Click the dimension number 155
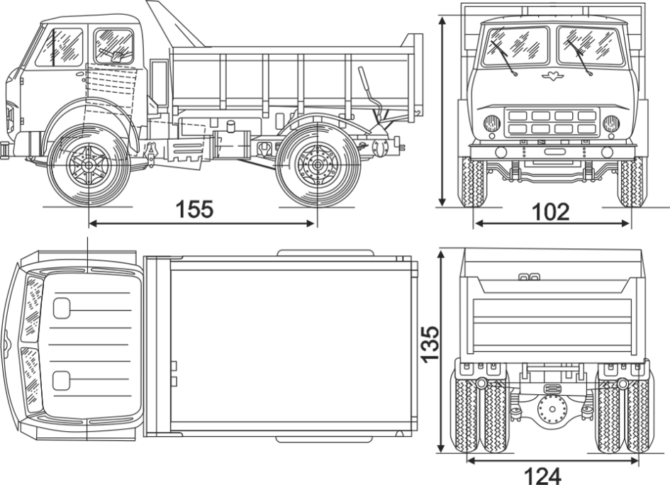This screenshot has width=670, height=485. [x=195, y=210]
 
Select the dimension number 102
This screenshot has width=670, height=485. [x=551, y=212]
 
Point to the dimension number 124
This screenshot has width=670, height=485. [x=542, y=474]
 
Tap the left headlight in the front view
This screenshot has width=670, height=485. [x=492, y=124]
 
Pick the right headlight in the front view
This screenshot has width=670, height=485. [x=610, y=124]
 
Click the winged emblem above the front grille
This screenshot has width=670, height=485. [x=551, y=76]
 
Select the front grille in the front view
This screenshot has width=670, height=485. [x=551, y=122]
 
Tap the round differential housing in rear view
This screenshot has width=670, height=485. [x=550, y=411]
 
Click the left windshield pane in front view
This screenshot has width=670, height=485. [x=515, y=47]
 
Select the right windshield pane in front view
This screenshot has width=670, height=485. [x=590, y=46]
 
